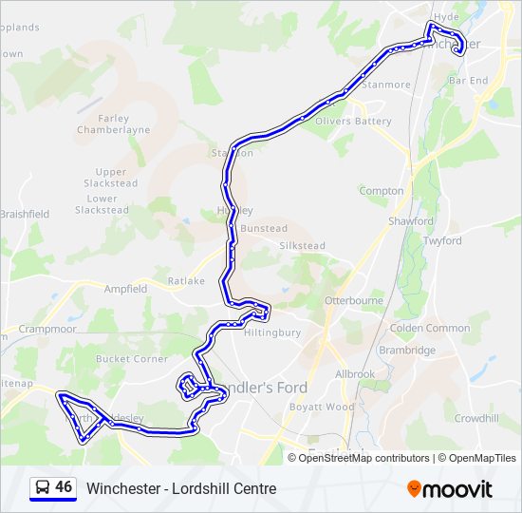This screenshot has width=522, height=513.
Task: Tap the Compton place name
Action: point(382,191)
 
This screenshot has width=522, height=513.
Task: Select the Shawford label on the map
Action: point(410,221)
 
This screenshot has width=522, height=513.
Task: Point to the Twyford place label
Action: point(442,240)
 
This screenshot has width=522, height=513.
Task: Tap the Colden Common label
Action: point(430,328)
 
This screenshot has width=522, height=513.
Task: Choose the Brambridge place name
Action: point(407,351)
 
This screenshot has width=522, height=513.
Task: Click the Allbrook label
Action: point(355,374)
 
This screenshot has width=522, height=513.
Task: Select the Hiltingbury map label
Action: point(272,332)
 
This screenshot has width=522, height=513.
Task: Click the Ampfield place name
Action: point(125,289)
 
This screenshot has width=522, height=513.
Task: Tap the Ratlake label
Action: point(185,281)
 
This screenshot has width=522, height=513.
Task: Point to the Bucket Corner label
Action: point(131,359)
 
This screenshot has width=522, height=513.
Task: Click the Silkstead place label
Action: point(302,245)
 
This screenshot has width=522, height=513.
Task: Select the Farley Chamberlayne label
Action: point(114,123)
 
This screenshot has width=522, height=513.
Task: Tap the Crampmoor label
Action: point(46,329)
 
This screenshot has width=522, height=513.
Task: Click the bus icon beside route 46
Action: point(42,487)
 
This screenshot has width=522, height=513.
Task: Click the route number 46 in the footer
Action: point(64,487)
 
